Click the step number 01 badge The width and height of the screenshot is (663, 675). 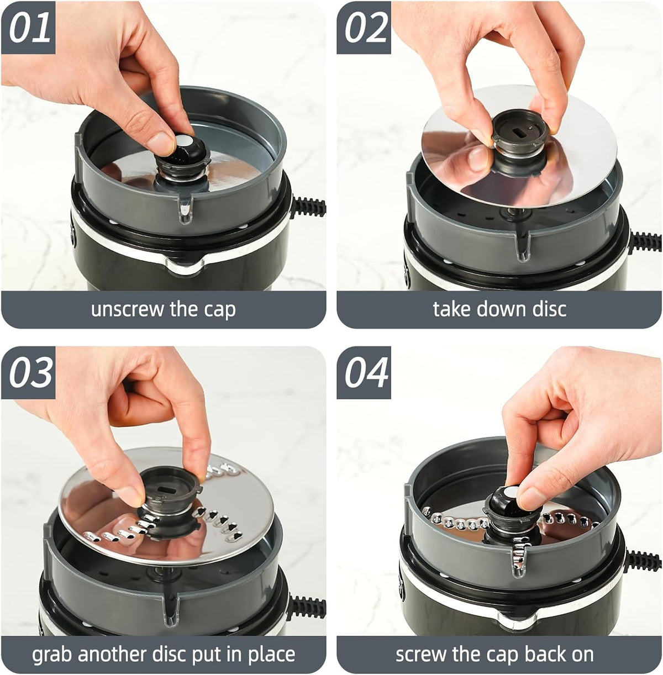(x=28, y=27)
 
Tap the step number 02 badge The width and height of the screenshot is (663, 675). (x=364, y=27)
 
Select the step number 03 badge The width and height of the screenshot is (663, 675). (x=28, y=372)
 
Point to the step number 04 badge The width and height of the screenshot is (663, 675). (x=364, y=372)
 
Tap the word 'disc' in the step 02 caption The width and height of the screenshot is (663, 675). (x=549, y=309)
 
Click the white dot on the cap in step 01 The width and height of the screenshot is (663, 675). (x=183, y=141)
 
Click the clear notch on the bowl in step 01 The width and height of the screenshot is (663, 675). (x=186, y=209)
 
